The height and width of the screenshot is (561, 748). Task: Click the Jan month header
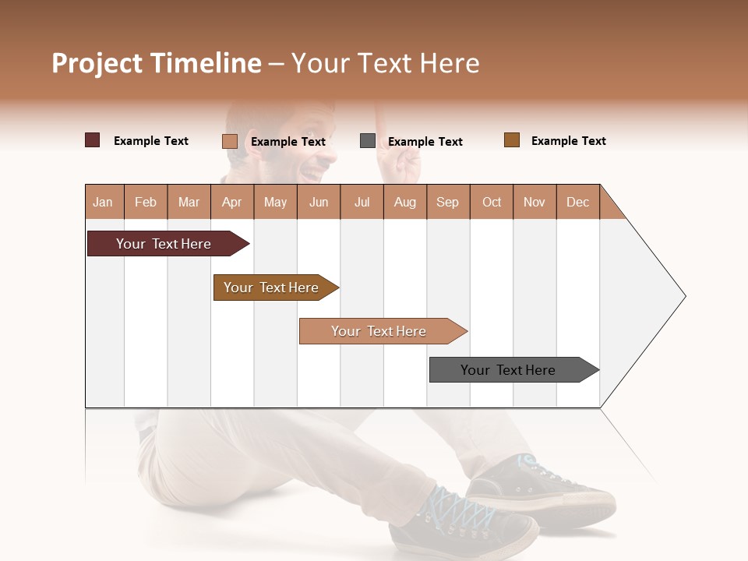pyautogui.click(x=103, y=202)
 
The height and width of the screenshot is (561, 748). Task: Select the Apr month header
pyautogui.click(x=231, y=202)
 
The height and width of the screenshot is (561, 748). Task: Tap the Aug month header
pyautogui.click(x=404, y=202)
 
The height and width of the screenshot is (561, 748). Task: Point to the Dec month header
pyautogui.click(x=577, y=202)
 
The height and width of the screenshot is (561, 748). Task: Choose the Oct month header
pyautogui.click(x=492, y=202)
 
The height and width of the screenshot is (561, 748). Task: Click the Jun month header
pyautogui.click(x=318, y=202)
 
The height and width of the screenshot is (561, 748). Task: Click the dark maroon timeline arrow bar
pyautogui.click(x=164, y=244)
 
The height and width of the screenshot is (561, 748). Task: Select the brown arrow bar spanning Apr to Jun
pyautogui.click(x=272, y=288)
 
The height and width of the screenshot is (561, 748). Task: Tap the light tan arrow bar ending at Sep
pyautogui.click(x=379, y=331)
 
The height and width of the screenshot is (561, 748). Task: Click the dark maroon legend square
pyautogui.click(x=93, y=140)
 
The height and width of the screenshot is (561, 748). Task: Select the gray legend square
pyautogui.click(x=368, y=141)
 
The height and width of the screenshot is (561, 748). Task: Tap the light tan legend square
pyautogui.click(x=229, y=141)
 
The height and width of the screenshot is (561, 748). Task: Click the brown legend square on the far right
pyautogui.click(x=512, y=140)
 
